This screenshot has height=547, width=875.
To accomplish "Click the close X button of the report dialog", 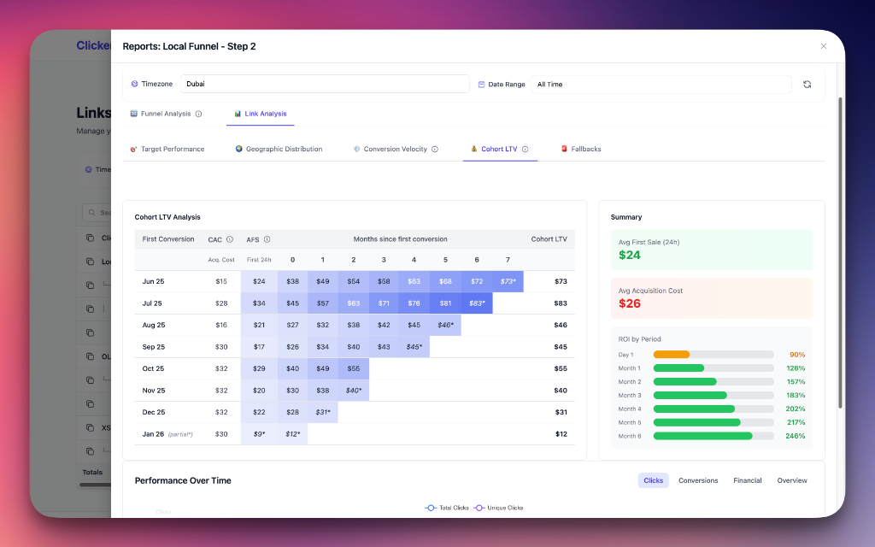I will coord(823,46).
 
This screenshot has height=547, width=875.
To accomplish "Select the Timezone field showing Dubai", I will coord(325,84).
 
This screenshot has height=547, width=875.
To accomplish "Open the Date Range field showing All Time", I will coord(661,84).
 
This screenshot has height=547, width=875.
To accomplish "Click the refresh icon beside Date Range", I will coord(807,84).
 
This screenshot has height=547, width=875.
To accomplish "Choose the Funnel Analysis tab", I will coord(166,114).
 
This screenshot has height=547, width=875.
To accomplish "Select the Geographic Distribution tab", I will coord(279,149).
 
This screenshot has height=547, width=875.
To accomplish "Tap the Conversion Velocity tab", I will coord(395,149).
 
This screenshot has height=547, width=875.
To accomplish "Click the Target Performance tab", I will coord(167,149).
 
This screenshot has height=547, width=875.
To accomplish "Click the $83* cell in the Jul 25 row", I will coord(477,303).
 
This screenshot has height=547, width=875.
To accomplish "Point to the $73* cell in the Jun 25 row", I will coord(508,281).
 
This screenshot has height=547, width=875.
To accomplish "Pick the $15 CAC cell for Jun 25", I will coord(221,281).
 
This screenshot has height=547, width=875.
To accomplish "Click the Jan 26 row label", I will coord(154,434).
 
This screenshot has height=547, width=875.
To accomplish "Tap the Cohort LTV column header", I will coord(549,239).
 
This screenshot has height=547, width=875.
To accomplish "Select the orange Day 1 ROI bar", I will coord(672,355).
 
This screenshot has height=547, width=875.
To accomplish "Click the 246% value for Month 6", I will coord(796,436).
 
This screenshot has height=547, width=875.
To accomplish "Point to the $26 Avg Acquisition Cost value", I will coord(630,303).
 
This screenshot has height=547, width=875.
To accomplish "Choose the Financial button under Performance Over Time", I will coord(747,480).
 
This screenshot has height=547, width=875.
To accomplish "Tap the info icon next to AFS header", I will coord(267,239).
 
